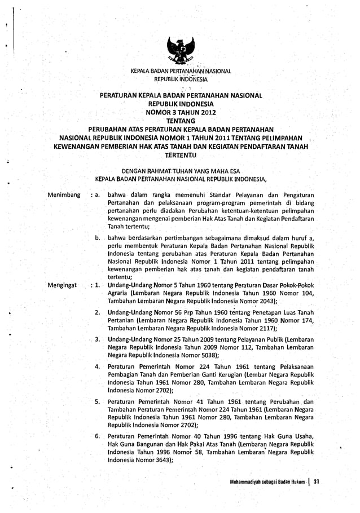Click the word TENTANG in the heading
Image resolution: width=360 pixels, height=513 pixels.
(181, 121)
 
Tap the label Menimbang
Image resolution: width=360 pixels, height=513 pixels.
(64, 195)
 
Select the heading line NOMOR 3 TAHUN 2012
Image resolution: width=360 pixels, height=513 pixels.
(181, 112)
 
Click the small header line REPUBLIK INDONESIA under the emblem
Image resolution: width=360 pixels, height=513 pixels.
(181, 79)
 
